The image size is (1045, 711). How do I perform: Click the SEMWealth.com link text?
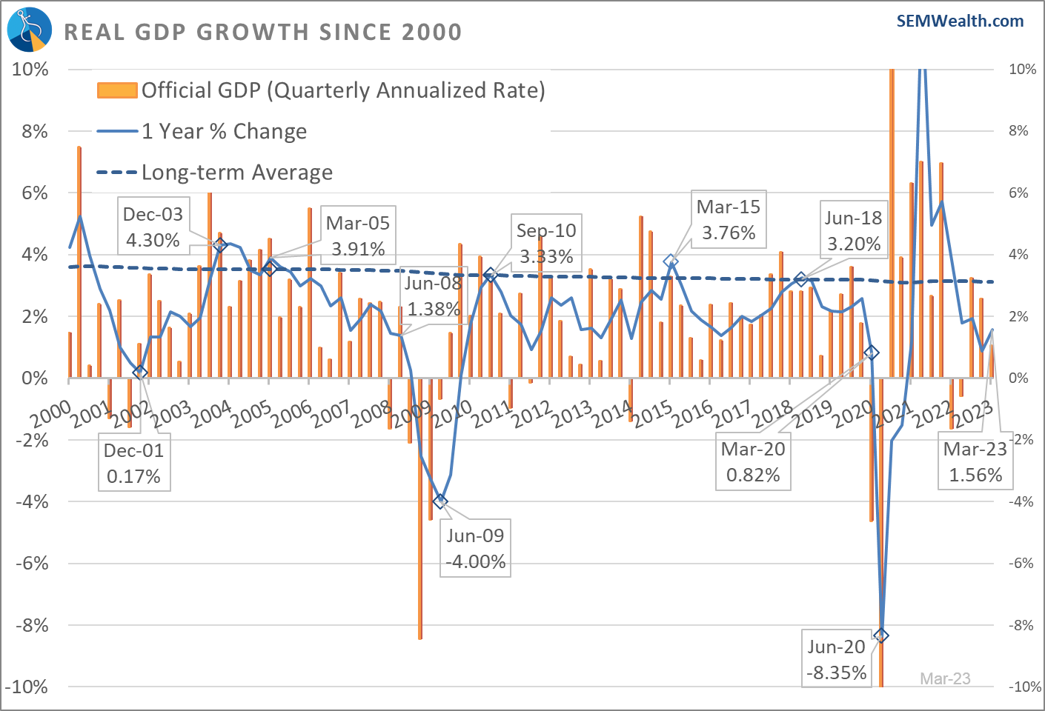(960, 21)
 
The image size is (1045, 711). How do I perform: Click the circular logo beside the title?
(30, 29)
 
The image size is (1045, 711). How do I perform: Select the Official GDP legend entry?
(321, 90)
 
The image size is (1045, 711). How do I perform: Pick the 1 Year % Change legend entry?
(202, 131)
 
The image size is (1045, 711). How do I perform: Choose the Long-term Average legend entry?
(215, 172)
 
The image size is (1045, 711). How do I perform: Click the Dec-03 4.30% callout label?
(153, 227)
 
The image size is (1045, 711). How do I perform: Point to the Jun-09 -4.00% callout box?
(475, 548)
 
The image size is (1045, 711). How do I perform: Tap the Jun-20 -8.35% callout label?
(837, 659)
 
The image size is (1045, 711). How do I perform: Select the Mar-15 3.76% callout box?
(729, 219)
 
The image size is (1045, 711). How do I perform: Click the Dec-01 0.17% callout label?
(134, 463)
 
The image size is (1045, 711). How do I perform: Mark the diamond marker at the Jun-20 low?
(881, 635)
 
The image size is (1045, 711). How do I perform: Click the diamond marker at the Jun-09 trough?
(440, 501)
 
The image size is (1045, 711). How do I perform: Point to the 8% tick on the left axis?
(35, 132)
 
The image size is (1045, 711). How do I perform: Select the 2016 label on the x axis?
(692, 414)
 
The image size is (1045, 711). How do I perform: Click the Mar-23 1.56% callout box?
(975, 461)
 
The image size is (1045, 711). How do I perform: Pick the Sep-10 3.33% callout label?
(546, 243)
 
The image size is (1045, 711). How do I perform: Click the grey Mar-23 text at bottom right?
(945, 678)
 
